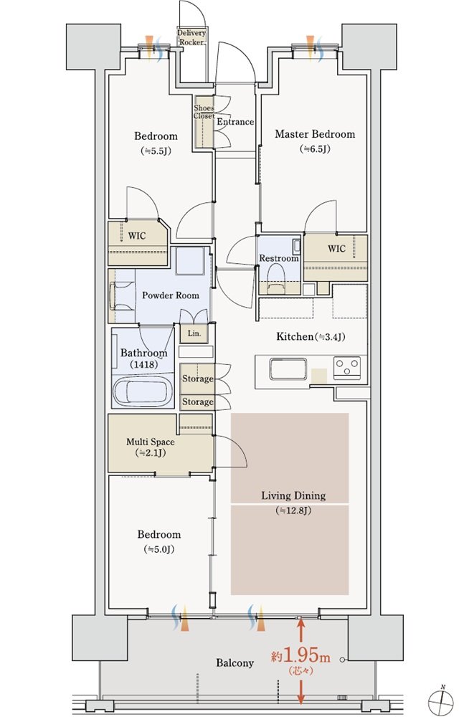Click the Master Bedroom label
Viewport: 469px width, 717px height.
pyautogui.click(x=315, y=134)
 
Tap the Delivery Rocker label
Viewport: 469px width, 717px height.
pyautogui.click(x=191, y=37)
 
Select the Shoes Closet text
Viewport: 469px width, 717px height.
pyautogui.click(x=204, y=112)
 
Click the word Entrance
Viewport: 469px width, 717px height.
pyautogui.click(x=235, y=122)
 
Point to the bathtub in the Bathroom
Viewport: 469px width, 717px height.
pyautogui.click(x=143, y=391)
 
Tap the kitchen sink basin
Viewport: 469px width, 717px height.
pyautogui.click(x=288, y=369)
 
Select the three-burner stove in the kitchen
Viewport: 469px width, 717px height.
pyautogui.click(x=347, y=367)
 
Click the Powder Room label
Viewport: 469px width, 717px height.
pyautogui.click(x=170, y=295)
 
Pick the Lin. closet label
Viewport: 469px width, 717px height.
pyautogui.click(x=194, y=333)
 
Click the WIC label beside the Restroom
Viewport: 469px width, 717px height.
pyautogui.click(x=336, y=249)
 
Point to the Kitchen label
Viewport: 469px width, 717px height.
pyautogui.click(x=311, y=337)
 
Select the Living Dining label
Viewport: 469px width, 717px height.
pyautogui.click(x=293, y=495)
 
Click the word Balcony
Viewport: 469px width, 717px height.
pyautogui.click(x=234, y=663)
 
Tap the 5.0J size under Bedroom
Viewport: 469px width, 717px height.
pyautogui.click(x=158, y=549)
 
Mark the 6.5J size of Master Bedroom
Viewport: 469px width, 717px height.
pyautogui.click(x=315, y=149)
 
